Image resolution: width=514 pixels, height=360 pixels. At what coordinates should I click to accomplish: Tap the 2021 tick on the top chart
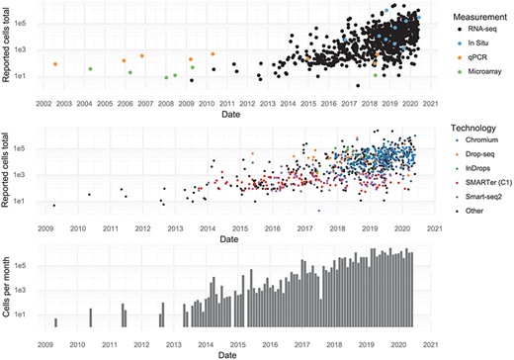pos(432,103)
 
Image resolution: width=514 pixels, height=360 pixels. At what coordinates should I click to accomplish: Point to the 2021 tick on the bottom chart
pos(432,343)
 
